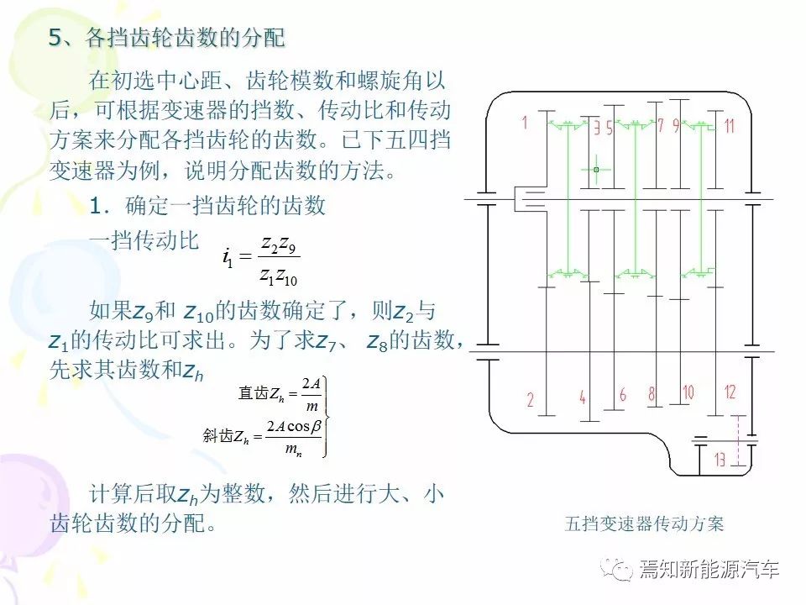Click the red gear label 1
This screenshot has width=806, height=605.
click(x=525, y=123)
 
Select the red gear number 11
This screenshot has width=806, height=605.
click(x=729, y=127)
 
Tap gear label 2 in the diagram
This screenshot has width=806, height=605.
click(x=530, y=400)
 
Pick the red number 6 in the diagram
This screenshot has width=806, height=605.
click(x=623, y=394)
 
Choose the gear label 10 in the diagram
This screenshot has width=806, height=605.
click(x=688, y=392)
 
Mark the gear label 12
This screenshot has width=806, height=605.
click(x=730, y=392)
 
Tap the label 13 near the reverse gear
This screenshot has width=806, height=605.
click(x=720, y=460)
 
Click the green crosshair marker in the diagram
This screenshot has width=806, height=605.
click(x=595, y=170)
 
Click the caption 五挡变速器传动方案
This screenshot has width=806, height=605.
click(x=644, y=524)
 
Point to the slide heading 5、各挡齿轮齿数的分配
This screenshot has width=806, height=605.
click(x=167, y=38)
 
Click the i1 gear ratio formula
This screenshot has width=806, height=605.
click(x=260, y=258)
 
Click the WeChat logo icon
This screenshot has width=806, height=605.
click(x=622, y=571)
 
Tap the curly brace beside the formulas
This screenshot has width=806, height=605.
click(x=327, y=416)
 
